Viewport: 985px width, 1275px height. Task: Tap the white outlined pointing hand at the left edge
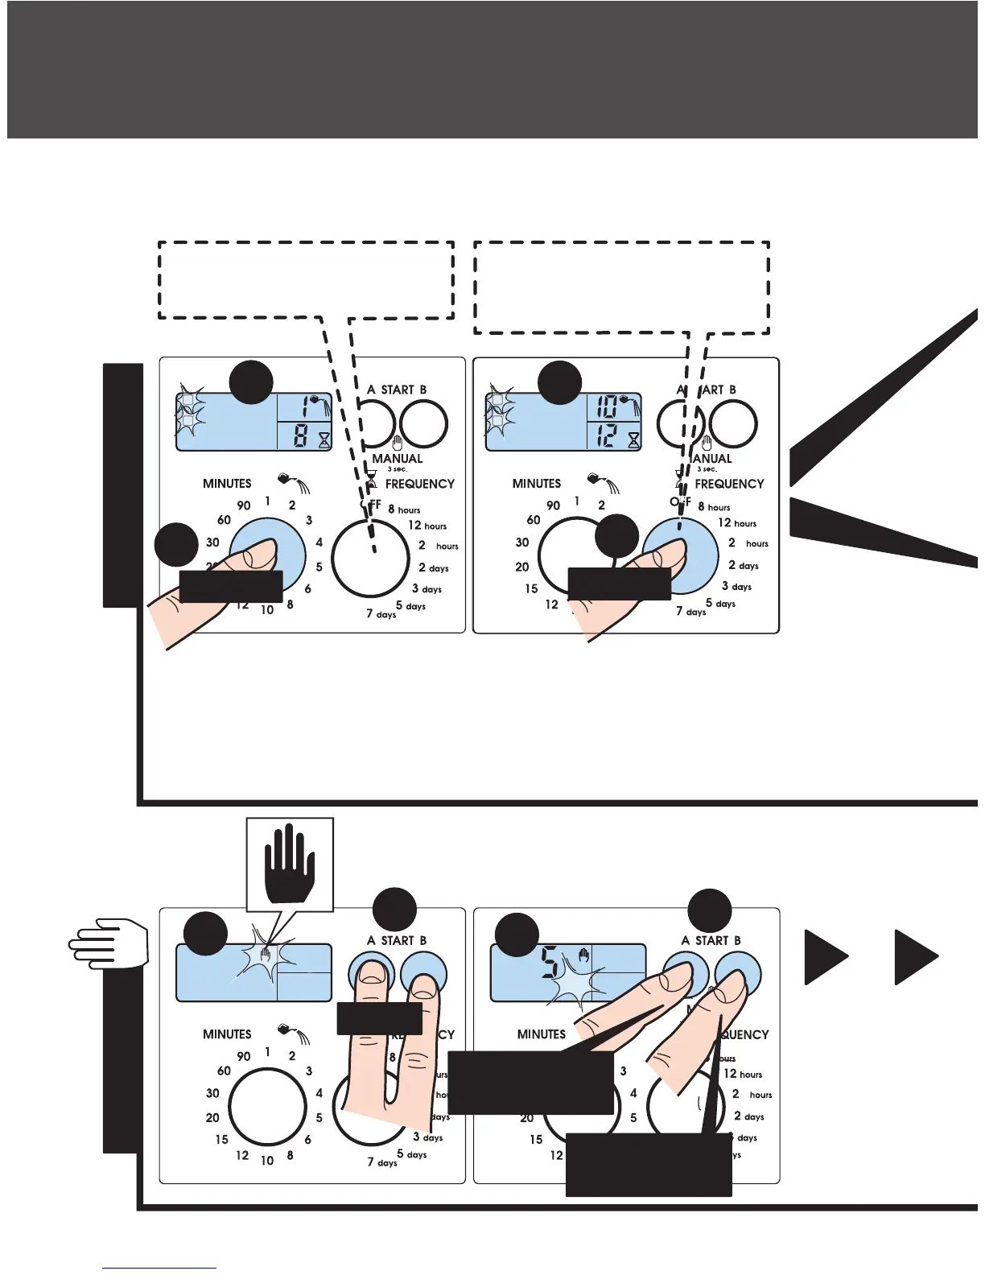pos(109,943)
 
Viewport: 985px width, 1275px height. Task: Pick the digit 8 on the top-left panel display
pos(300,437)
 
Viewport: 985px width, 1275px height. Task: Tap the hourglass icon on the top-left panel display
pos(324,439)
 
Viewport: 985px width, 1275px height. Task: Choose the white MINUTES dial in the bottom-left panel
pos(267,1107)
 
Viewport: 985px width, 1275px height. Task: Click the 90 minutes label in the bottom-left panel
pos(244,1056)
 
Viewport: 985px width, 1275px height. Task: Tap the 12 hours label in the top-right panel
pos(737,523)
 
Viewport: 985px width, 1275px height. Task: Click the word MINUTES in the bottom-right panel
pos(542,1034)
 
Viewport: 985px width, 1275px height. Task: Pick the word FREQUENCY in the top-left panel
pos(419,484)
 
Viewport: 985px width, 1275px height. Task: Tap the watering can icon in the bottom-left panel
pos(286,1029)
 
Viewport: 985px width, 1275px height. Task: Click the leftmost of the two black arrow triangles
pos(826,956)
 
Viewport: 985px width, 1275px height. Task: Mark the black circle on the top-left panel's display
pos(250,382)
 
